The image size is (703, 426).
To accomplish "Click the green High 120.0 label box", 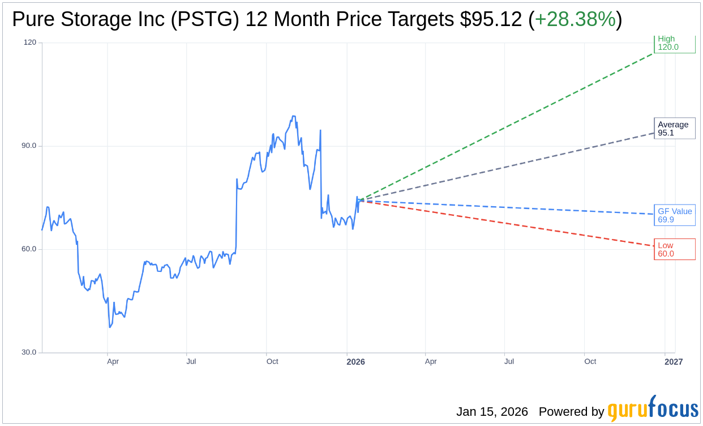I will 674,44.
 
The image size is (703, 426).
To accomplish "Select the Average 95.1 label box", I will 674,129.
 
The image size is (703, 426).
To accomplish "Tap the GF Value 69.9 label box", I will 674,215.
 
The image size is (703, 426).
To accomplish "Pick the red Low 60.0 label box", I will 674,249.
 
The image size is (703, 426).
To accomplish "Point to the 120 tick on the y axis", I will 30,42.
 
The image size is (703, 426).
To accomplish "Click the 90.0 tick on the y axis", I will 29,146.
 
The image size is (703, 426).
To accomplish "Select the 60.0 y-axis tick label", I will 29,249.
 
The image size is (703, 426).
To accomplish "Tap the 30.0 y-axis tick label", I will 29,352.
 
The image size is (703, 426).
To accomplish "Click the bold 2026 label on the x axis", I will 355,362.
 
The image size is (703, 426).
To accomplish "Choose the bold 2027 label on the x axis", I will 674,362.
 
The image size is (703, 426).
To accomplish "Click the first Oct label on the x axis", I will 272,361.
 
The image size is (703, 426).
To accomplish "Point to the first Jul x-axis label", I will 191,361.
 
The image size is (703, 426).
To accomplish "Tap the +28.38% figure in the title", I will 575,20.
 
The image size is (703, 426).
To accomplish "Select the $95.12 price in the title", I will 491,20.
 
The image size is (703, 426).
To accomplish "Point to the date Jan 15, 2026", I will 492,412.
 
